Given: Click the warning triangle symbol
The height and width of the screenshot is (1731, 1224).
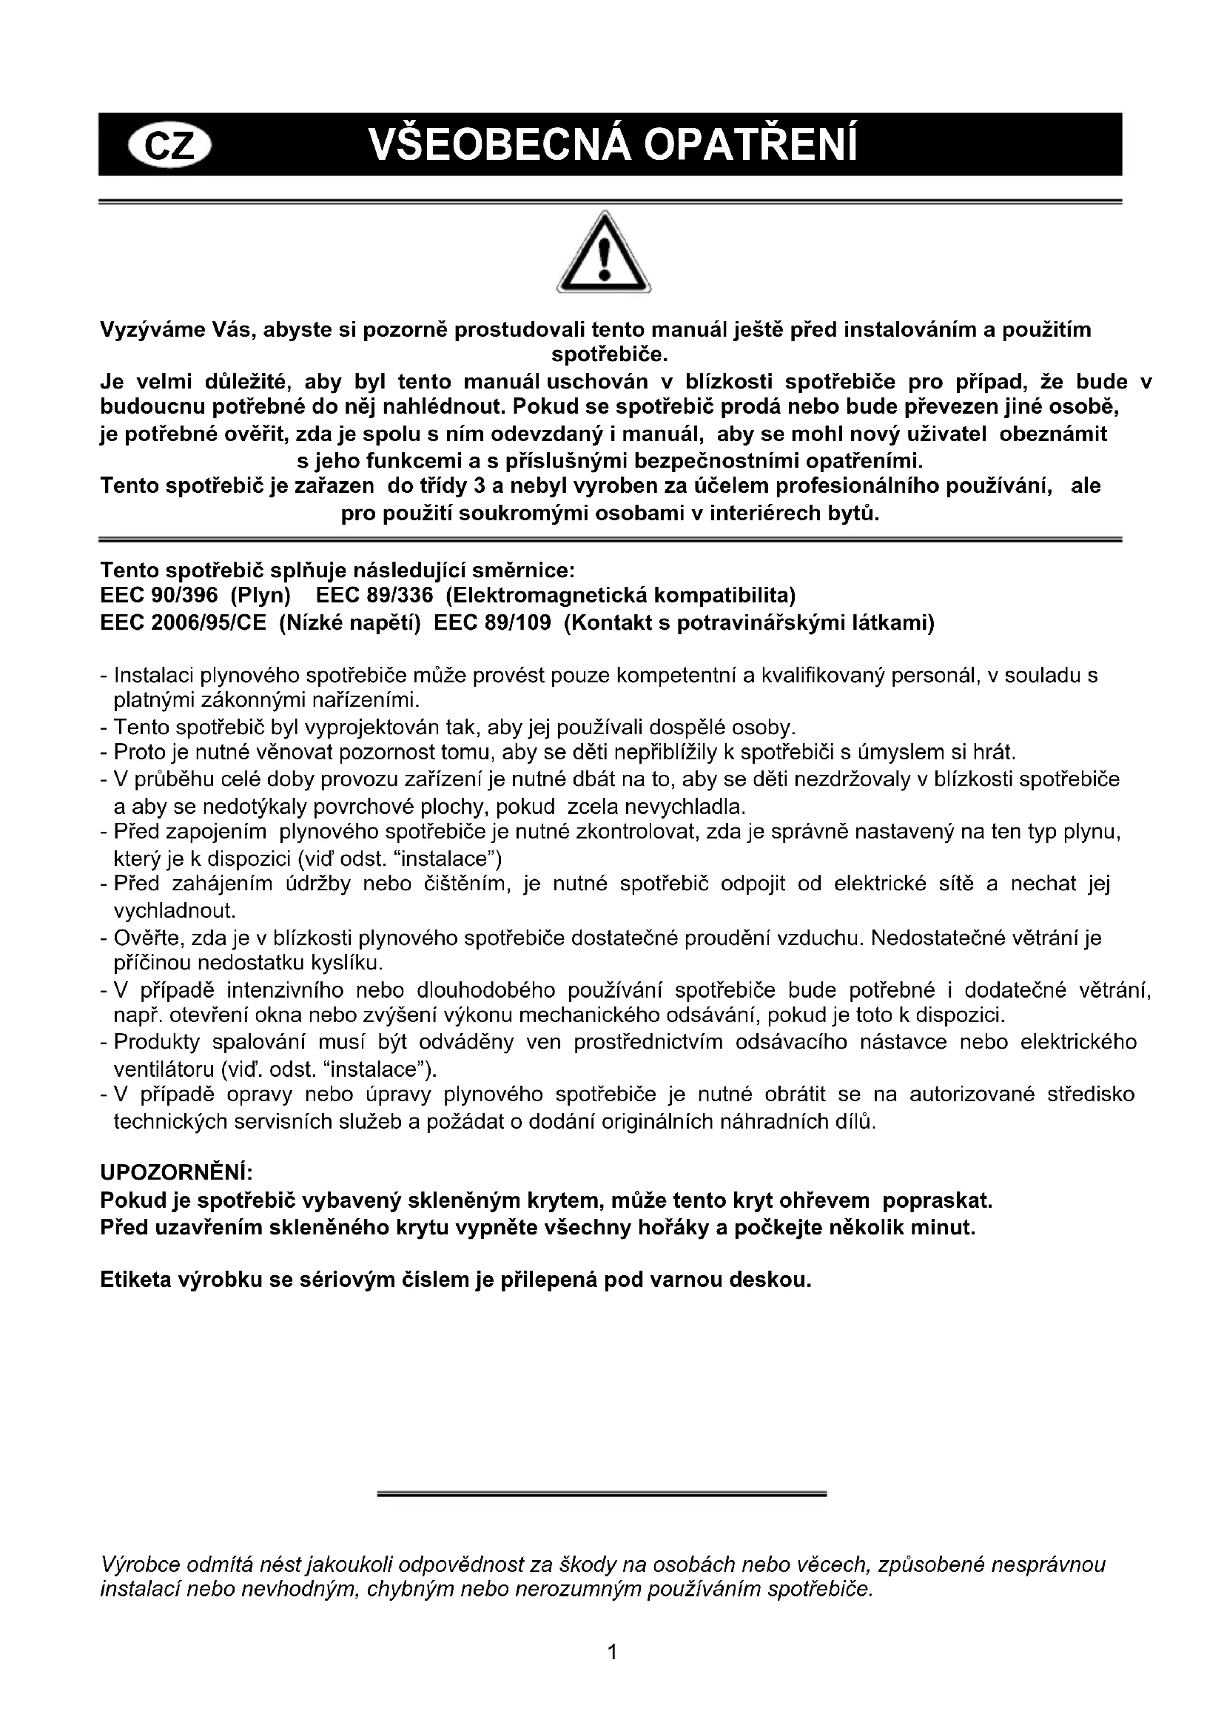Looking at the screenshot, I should click(x=604, y=253).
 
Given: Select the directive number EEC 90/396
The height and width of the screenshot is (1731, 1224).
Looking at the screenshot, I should click(x=158, y=596).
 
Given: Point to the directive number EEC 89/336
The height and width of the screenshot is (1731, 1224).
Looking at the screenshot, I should click(x=374, y=596).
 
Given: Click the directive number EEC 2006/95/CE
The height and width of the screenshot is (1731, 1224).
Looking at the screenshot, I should click(x=183, y=623).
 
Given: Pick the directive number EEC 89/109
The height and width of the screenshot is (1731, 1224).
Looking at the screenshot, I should click(x=492, y=623).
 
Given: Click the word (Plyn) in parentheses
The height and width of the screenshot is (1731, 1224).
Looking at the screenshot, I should click(x=260, y=596).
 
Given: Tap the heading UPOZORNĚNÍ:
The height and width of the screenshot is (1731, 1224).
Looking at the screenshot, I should click(x=176, y=1172).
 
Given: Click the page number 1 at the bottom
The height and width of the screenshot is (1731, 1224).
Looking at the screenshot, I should click(x=612, y=1652).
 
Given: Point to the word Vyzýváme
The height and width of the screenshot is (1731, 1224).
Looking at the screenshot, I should click(x=146, y=330).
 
